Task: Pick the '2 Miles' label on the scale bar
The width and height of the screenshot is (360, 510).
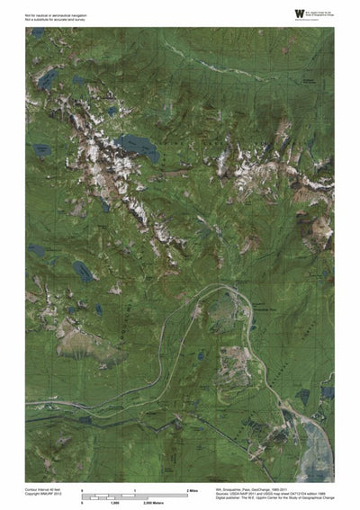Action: (x=193, y=489)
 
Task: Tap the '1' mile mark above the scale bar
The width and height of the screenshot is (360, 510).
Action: (x=135, y=489)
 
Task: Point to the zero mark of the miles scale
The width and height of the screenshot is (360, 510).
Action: (x=83, y=489)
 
